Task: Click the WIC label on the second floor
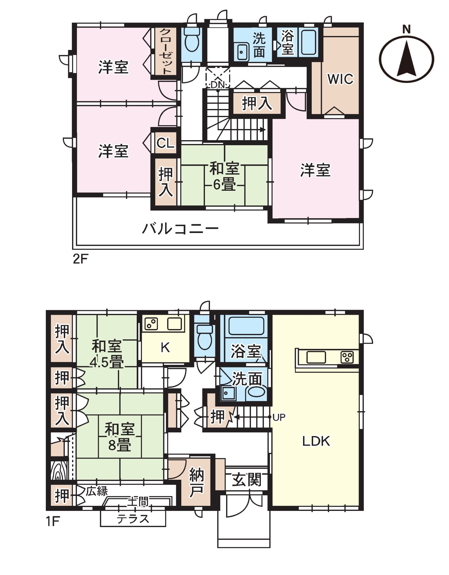tap(340, 79)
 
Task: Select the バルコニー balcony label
tap(180, 229)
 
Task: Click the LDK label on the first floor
tap(316, 441)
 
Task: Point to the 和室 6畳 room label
tap(224, 176)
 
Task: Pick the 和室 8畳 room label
tap(120, 437)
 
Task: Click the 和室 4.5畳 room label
tap(107, 354)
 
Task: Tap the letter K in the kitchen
tap(165, 347)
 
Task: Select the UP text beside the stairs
tap(279, 417)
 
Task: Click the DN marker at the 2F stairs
tap(217, 85)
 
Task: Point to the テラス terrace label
tap(133, 519)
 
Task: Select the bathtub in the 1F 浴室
tap(246, 326)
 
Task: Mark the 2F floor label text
tap(80, 259)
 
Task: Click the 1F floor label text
tap(53, 521)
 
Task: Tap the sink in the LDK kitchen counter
tap(316, 357)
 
